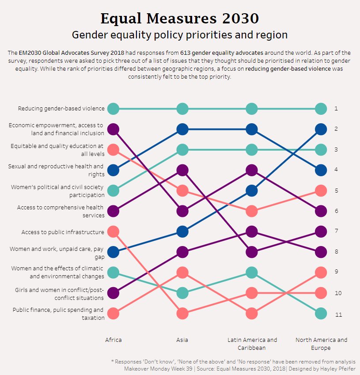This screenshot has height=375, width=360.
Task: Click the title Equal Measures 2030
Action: tap(179, 19)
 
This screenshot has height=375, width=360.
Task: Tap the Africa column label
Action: tap(114, 340)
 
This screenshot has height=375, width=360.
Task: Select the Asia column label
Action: tap(182, 340)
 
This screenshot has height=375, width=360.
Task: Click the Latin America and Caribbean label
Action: tap(252, 344)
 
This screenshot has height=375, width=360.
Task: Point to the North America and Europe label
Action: tap(321, 344)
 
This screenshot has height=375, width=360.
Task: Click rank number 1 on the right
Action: tap(336, 108)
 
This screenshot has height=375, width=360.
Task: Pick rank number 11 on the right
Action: tap(338, 315)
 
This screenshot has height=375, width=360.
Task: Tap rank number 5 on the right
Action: tap(336, 191)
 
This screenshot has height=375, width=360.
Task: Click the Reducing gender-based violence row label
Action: tap(61, 108)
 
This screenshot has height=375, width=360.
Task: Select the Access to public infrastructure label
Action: tap(63, 232)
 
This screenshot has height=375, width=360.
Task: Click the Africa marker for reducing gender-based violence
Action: tap(114, 108)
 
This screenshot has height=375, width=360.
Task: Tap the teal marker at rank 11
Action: tap(321, 314)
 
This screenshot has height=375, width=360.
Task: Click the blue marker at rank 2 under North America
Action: tap(321, 129)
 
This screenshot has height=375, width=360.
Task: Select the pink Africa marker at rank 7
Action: tap(114, 231)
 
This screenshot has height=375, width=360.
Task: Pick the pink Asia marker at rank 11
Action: tap(182, 314)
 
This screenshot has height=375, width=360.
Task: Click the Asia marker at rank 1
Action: tap(182, 108)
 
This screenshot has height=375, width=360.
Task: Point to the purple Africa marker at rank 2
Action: tap(114, 129)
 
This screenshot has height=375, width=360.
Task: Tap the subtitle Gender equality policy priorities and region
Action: tap(179, 35)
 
